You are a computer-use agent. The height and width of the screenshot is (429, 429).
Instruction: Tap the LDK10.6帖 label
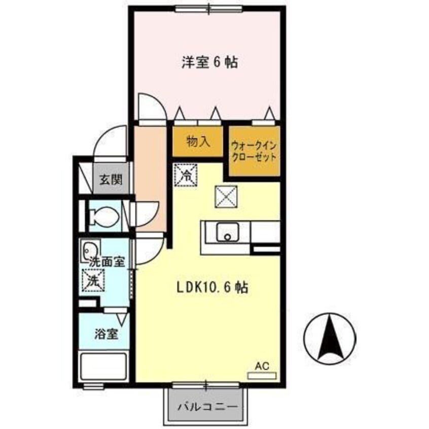[x=212, y=288]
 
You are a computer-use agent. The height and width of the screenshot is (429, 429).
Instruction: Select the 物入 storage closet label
[x=198, y=141]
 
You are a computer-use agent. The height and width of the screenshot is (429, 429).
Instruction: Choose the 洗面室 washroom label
[x=106, y=262]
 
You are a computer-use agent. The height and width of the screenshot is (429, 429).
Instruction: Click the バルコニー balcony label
[x=207, y=407]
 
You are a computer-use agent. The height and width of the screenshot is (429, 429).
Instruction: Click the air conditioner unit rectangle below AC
[x=262, y=375]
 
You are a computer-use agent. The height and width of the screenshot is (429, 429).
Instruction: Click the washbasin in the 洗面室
[x=91, y=250]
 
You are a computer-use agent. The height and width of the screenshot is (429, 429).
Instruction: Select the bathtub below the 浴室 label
[x=104, y=367]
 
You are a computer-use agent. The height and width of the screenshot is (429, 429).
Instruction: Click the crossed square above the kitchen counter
[x=226, y=196]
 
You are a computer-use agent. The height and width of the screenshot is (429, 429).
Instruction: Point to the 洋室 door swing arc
[x=152, y=108]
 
